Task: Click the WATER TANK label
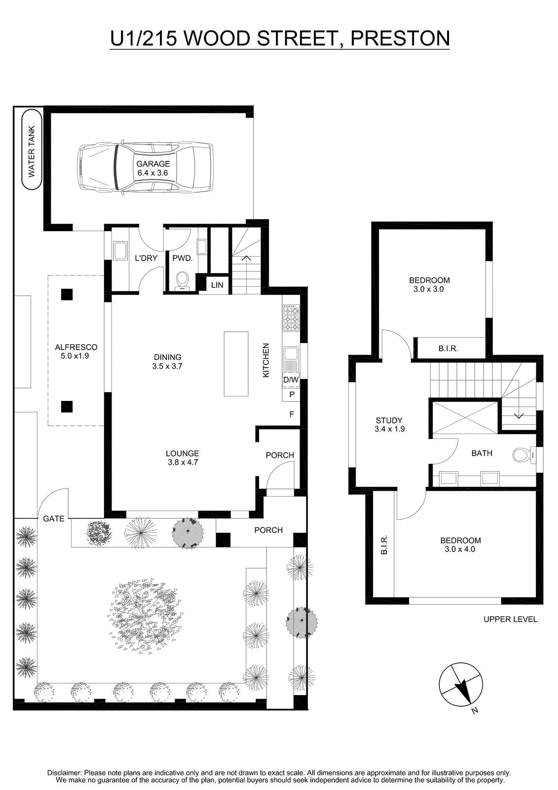[x=32, y=152]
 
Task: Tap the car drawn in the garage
[x=145, y=168]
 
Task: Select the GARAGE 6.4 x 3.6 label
[x=153, y=168]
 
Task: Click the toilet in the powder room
[x=182, y=281]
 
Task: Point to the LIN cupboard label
[x=217, y=285]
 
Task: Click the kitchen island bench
[x=236, y=363]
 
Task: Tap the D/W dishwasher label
[x=291, y=380]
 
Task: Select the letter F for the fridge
[x=292, y=414]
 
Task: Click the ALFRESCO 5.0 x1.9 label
[x=76, y=351]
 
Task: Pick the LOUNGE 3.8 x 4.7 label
[x=183, y=457]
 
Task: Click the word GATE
[x=54, y=518]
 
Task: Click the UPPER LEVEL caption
[x=510, y=619]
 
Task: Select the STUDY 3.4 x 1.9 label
[x=389, y=425]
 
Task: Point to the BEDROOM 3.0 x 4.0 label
[x=460, y=545]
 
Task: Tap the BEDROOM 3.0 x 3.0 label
[x=429, y=284]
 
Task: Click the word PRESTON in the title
[x=400, y=39]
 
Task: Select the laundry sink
[x=120, y=251]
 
